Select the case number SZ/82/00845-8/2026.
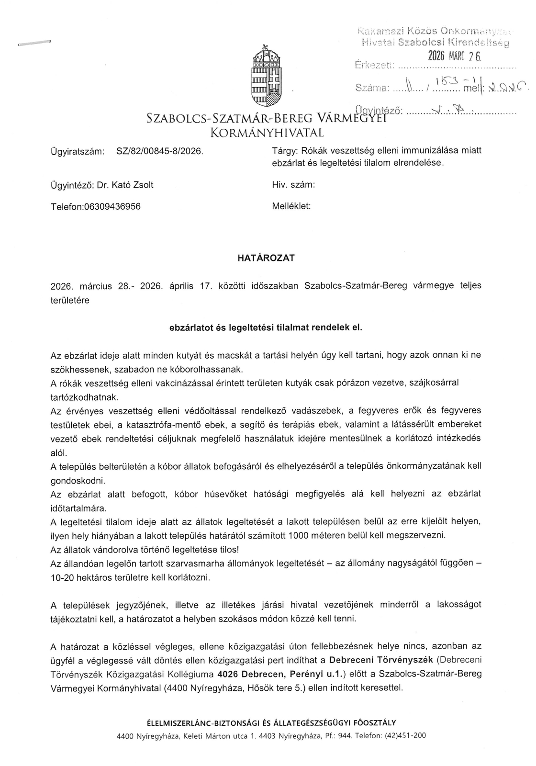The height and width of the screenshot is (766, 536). coord(160,151)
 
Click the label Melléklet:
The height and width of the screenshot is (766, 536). coord(291,206)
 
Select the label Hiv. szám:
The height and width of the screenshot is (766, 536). coord(293,185)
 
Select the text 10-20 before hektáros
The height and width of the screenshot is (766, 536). coord(62,577)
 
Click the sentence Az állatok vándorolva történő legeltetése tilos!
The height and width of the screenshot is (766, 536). coord(144,549)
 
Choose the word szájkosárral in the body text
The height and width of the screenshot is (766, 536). coord(435,383)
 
